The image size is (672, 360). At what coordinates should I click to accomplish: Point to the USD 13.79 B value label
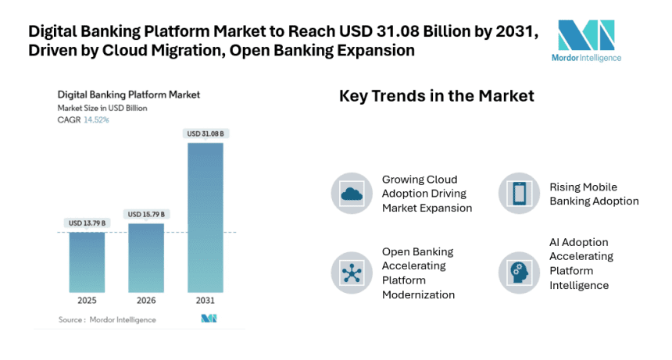point(87,223)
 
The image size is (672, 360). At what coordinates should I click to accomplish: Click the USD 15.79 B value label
point(146,214)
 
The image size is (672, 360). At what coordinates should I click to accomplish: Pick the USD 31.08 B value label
point(206,134)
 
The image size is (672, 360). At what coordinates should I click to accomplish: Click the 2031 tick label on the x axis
point(206,300)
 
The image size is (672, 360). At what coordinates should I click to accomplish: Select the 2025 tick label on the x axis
point(87,300)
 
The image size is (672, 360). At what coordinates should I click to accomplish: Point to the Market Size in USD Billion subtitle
point(102,108)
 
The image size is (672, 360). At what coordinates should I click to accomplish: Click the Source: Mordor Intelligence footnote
point(107,319)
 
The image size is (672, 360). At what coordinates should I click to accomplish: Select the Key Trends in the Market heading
point(436,96)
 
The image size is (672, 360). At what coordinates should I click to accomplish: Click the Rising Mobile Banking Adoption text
point(594,194)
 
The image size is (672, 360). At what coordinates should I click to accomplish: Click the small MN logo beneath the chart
point(209,319)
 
